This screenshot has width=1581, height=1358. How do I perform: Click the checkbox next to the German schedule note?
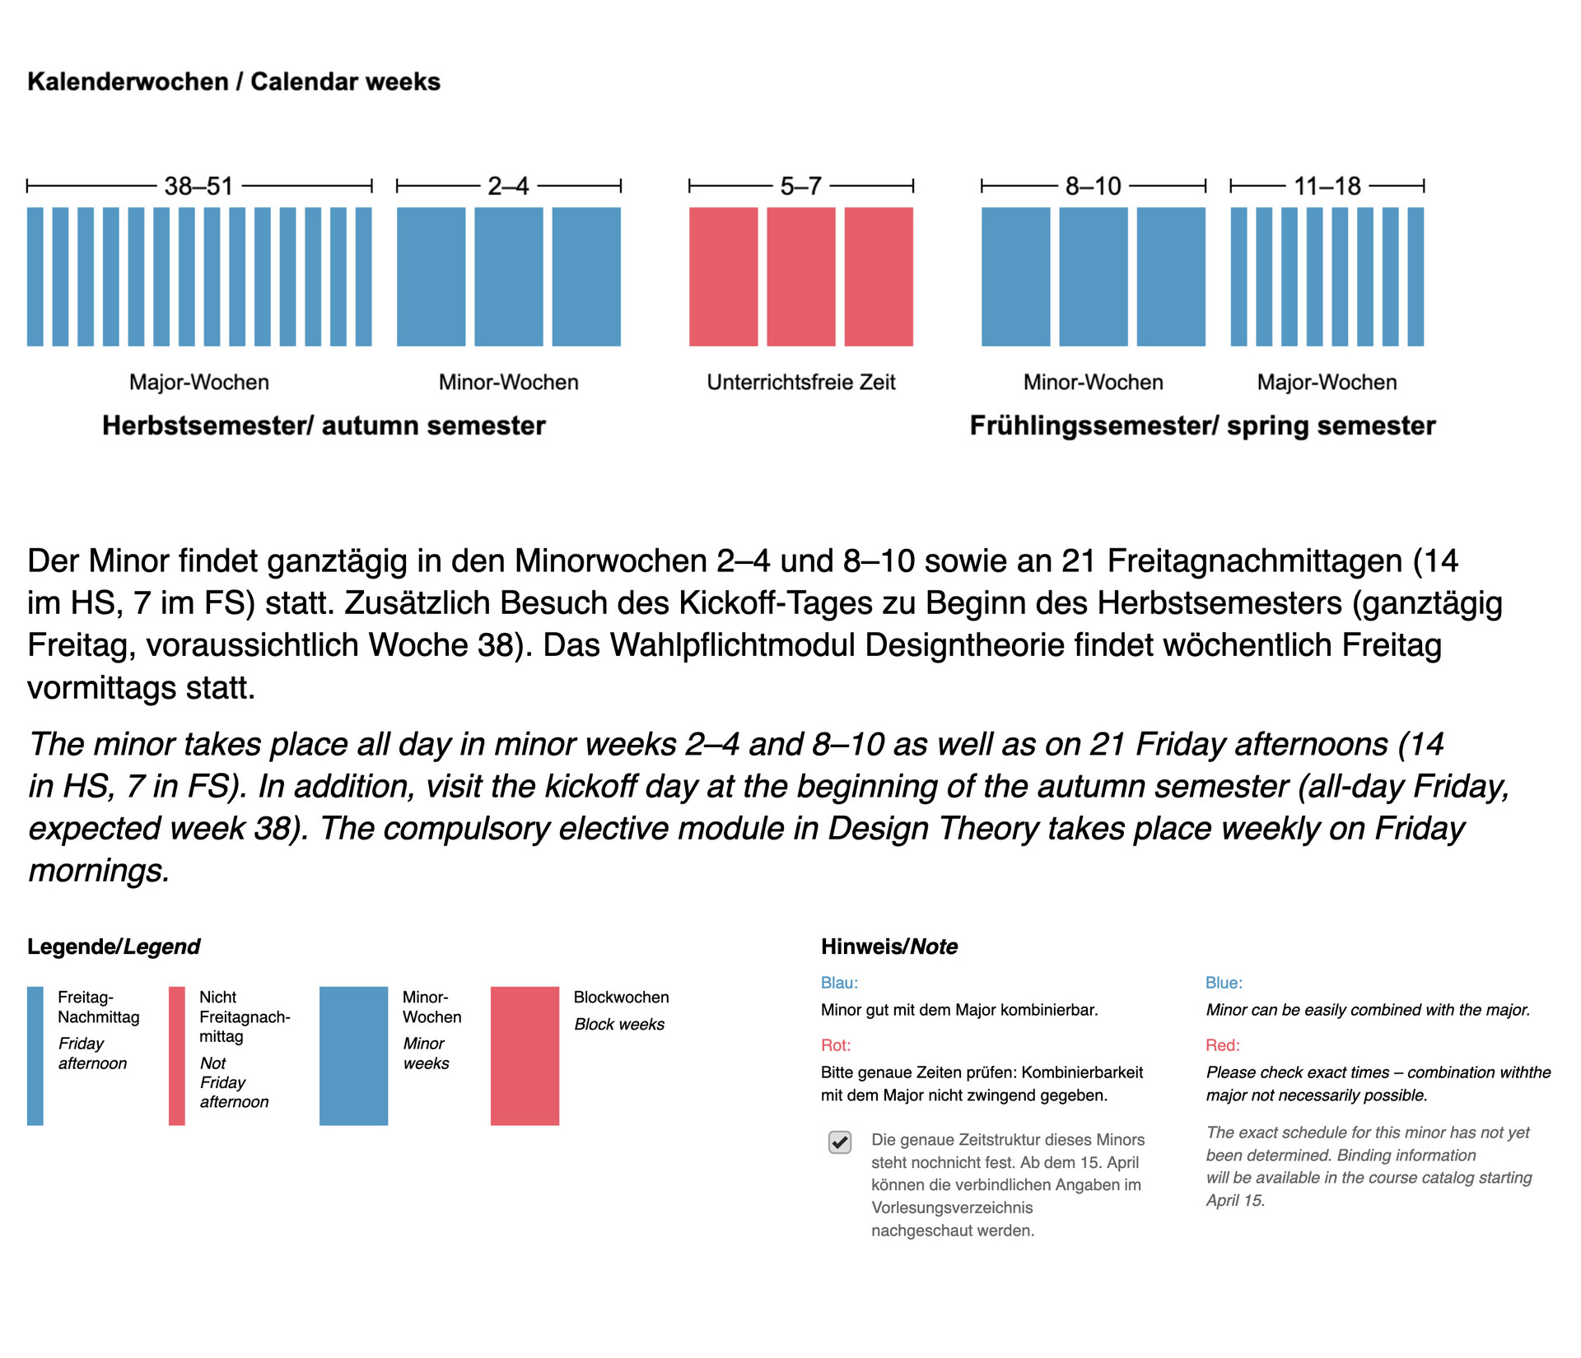pyautogui.click(x=839, y=1142)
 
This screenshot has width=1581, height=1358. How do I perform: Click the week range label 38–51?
pyautogui.click(x=198, y=186)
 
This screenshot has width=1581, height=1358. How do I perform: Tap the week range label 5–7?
pyautogui.click(x=800, y=186)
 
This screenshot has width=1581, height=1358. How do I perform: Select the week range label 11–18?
pyautogui.click(x=1327, y=186)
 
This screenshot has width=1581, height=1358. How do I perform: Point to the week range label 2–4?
pyautogui.click(x=508, y=186)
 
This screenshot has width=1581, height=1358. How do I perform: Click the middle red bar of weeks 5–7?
pyautogui.click(x=800, y=277)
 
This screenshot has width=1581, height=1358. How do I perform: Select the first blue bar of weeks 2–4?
pyautogui.click(x=431, y=277)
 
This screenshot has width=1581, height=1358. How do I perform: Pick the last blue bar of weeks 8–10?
pyautogui.click(x=1170, y=277)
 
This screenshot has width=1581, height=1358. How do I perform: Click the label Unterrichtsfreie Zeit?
pyautogui.click(x=800, y=382)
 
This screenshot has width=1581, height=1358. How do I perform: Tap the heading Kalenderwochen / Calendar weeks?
pyautogui.click(x=234, y=82)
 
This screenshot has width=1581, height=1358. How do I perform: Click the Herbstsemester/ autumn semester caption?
pyautogui.click(x=324, y=426)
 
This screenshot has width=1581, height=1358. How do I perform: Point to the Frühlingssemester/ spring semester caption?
pyautogui.click(x=1202, y=426)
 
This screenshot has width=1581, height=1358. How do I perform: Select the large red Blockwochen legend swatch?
pyautogui.click(x=525, y=1056)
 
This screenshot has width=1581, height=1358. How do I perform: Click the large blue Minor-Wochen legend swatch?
pyautogui.click(x=353, y=1056)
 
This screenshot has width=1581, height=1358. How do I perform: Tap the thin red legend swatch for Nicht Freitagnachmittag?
pyautogui.click(x=176, y=1056)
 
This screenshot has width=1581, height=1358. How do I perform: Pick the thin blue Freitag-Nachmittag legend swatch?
pyautogui.click(x=35, y=1056)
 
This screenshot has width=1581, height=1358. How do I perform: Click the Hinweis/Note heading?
pyautogui.click(x=888, y=946)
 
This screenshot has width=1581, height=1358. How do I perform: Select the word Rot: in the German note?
pyautogui.click(x=835, y=1045)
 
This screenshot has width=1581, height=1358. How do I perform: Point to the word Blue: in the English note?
pyautogui.click(x=1224, y=983)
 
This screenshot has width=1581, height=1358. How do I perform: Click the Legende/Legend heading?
pyautogui.click(x=114, y=946)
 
